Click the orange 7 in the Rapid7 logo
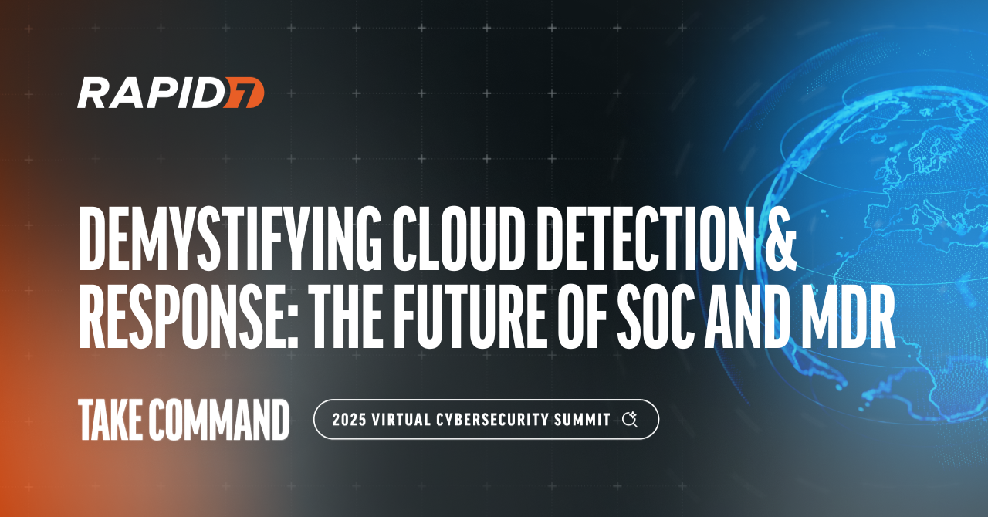(243, 93)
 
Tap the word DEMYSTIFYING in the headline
(230, 238)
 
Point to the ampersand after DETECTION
(780, 238)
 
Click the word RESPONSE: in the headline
(188, 316)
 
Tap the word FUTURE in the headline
(471, 316)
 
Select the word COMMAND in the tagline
(218, 419)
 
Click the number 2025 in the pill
(350, 420)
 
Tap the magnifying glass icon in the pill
(630, 420)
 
